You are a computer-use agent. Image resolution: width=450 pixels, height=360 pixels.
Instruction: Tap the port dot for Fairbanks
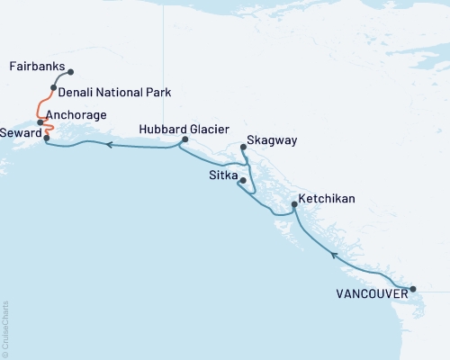(71, 72)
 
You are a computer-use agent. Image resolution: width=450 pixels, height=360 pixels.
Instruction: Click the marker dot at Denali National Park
(54, 88)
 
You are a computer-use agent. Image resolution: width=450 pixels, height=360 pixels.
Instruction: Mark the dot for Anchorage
(40, 121)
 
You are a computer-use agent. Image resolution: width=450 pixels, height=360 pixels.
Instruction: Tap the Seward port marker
(46, 138)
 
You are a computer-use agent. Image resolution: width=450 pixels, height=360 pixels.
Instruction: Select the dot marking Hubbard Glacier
(184, 139)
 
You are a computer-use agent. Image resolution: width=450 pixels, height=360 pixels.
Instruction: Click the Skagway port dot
(244, 148)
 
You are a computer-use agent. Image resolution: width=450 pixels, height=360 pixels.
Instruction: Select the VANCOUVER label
(365, 292)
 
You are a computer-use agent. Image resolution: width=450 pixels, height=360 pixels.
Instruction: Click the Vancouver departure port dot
(413, 289)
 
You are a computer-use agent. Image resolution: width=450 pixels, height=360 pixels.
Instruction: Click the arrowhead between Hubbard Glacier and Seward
(109, 144)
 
